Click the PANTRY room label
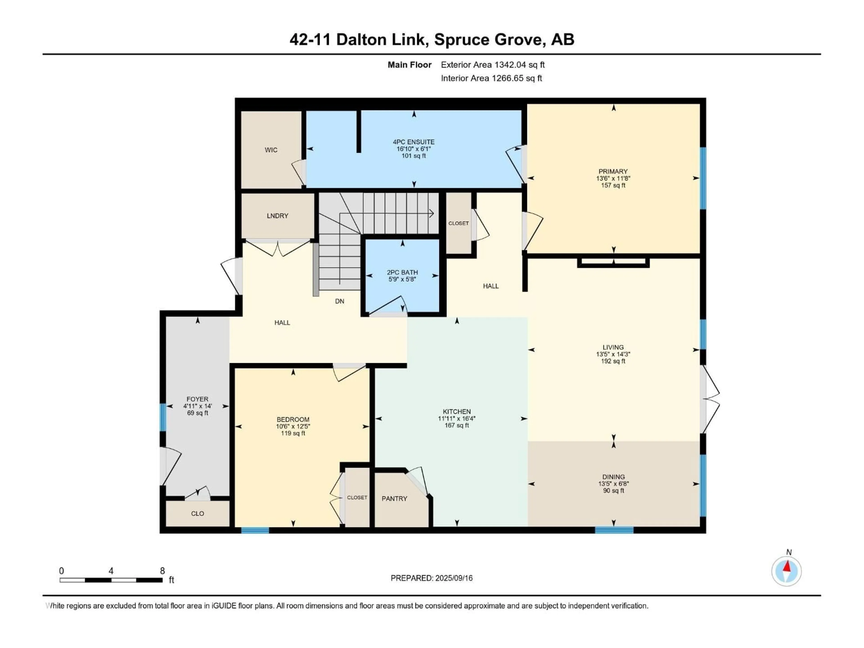point(394,498)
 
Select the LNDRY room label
point(277,216)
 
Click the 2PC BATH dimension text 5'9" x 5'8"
point(402,279)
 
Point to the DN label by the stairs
point(340,301)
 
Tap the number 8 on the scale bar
point(162,571)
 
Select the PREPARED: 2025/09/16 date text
point(432,578)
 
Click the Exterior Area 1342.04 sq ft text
point(493,65)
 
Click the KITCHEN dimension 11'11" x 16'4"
point(457,418)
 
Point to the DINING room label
point(613,477)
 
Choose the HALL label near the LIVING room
point(490,286)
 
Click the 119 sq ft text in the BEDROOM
point(293,433)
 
